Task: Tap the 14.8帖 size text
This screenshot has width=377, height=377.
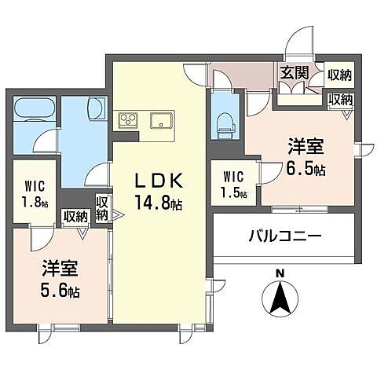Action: [160, 204]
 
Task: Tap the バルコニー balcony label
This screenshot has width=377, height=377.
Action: [286, 235]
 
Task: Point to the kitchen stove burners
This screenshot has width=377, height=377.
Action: [128, 120]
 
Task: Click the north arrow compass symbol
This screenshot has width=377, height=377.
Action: [280, 298]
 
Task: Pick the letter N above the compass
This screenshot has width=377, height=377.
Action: [280, 274]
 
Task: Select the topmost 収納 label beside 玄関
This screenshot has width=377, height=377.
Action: [340, 75]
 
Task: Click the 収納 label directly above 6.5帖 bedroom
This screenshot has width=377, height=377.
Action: [340, 100]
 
